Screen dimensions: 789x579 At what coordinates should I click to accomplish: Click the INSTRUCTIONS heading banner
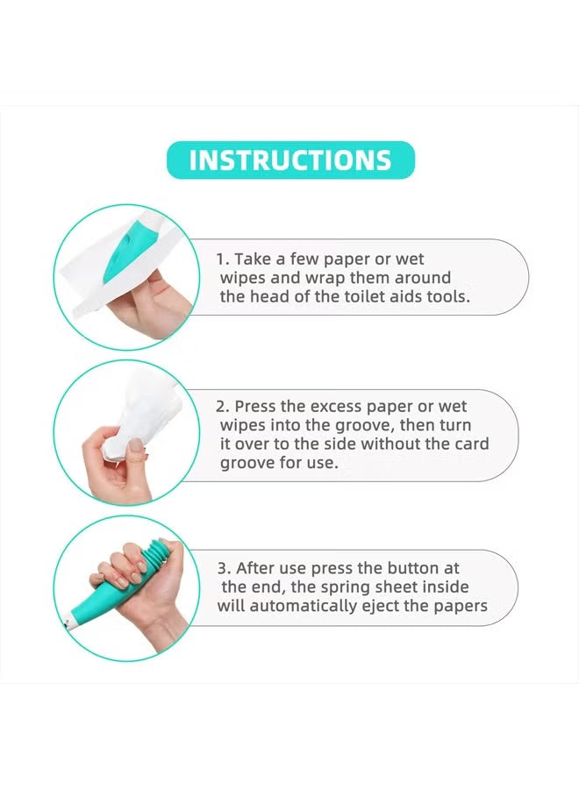tap(289, 160)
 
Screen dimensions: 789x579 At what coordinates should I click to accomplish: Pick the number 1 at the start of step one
tap(221, 259)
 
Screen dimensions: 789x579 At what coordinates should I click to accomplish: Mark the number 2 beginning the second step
tap(221, 407)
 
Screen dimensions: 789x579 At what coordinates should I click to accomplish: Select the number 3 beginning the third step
tap(221, 568)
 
